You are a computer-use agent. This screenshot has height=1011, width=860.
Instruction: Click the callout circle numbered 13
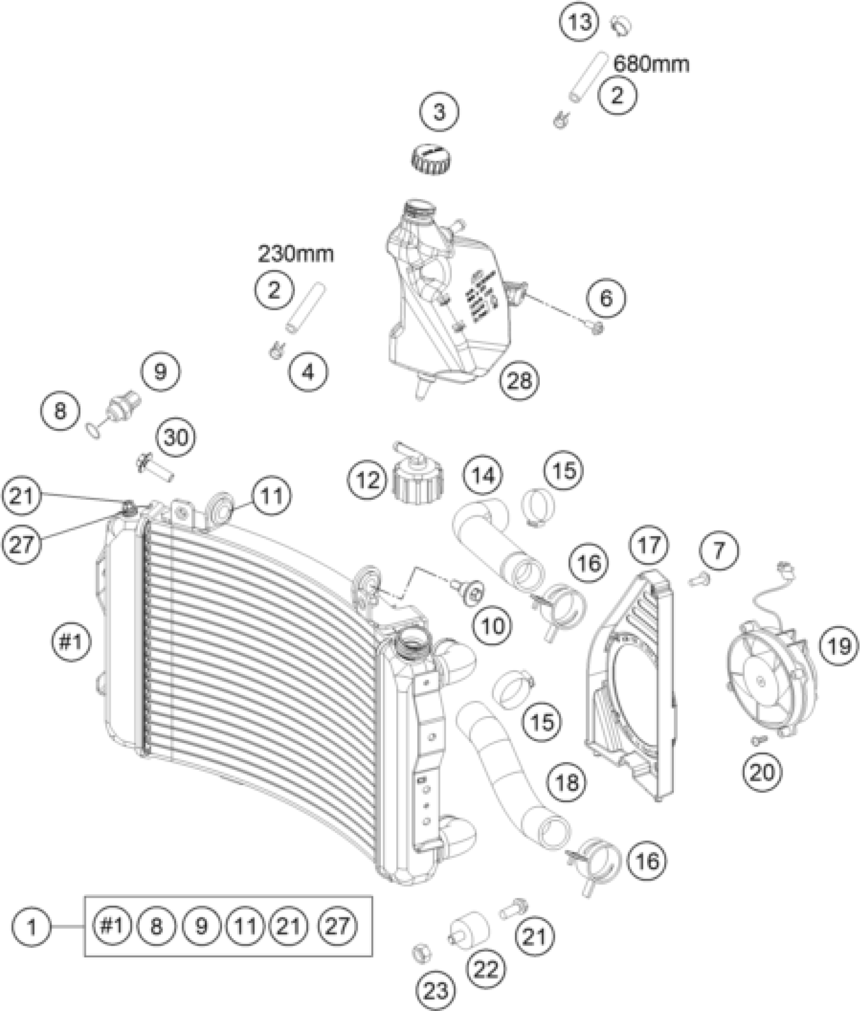(x=579, y=22)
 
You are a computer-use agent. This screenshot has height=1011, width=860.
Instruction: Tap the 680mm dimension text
(x=651, y=64)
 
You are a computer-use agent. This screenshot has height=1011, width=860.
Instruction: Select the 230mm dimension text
(x=296, y=253)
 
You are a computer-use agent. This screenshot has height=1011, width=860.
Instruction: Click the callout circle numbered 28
(x=520, y=380)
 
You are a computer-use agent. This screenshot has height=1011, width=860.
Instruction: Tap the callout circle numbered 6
(x=606, y=298)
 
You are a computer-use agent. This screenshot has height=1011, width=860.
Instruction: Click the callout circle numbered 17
(x=649, y=545)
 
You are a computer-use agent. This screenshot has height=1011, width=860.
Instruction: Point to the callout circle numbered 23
(x=436, y=991)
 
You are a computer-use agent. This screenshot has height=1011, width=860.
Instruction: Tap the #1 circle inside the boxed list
(x=112, y=926)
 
